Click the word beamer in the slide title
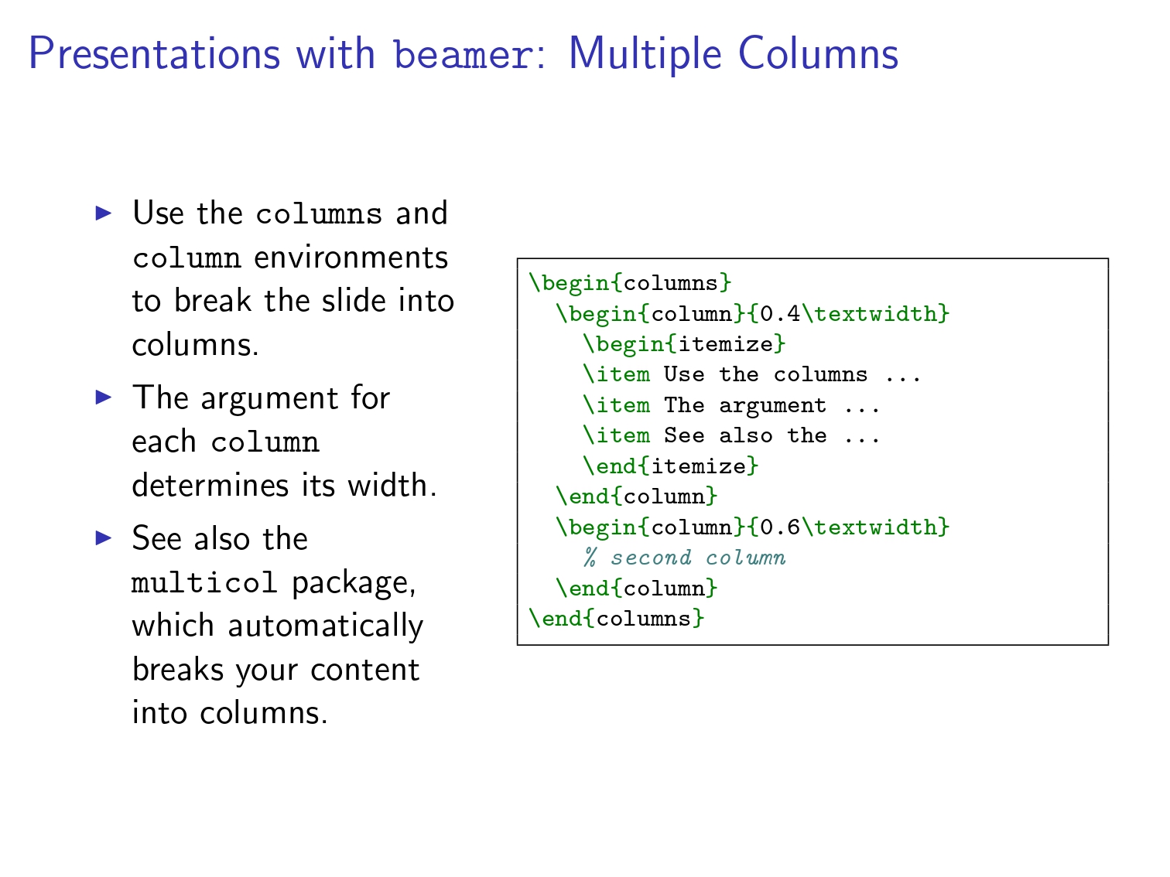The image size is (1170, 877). pos(464,55)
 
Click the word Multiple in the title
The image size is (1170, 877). pos(645,56)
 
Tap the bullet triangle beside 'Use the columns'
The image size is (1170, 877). pos(104,213)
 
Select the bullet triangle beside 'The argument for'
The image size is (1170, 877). pos(104,398)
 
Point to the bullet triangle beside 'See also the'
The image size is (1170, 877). pos(104,537)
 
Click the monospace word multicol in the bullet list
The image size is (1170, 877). pos(204,582)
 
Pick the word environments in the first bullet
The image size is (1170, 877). pos(351,258)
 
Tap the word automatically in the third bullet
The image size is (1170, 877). pos(326,626)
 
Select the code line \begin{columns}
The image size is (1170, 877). pos(630,283)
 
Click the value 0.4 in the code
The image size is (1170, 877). pos(780,314)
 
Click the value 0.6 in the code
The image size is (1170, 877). pos(780,527)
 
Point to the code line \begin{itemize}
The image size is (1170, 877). pos(684,344)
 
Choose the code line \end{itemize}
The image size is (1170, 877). pos(671,466)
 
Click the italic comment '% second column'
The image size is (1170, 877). pos(684,558)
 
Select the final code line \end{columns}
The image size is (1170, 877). pos(617,619)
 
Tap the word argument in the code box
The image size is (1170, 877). pos(773,407)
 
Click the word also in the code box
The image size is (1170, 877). pos(746,435)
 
